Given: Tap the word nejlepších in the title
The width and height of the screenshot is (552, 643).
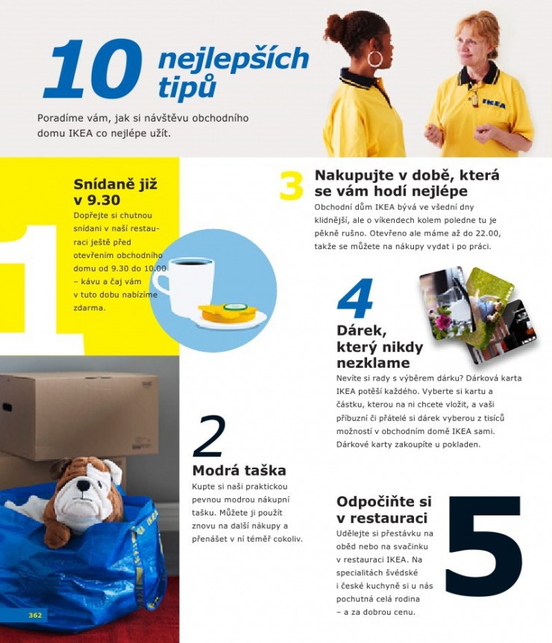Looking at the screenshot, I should [233, 59].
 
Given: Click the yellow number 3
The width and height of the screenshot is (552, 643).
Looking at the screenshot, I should [292, 186].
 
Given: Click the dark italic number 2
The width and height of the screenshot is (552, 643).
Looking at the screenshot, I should [209, 437].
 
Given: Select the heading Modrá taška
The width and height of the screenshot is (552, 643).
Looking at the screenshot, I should [239, 471].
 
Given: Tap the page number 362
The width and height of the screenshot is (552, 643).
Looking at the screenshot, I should [35, 615].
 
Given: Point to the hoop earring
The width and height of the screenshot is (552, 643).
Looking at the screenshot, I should [375, 59].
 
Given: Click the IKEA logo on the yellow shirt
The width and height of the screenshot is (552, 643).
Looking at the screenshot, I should [493, 104].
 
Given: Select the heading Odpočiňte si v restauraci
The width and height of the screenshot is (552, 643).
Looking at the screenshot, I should [383, 509].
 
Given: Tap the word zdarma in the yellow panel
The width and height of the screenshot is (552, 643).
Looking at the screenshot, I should [90, 307].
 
